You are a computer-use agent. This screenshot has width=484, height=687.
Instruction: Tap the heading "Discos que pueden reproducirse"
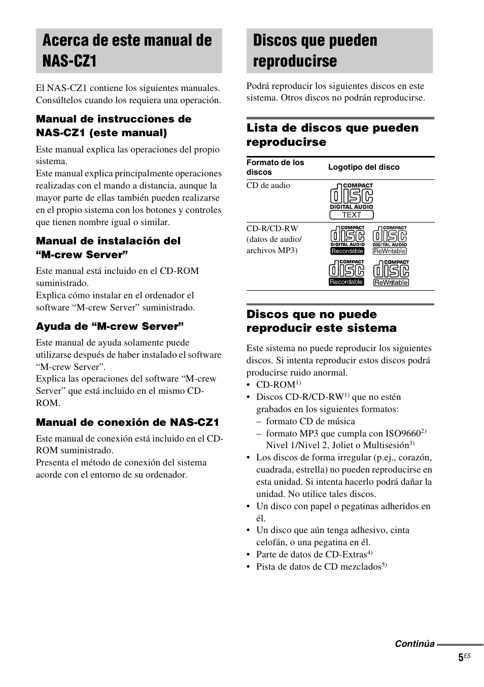[315, 50]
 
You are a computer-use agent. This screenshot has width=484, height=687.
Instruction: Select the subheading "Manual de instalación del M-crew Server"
[108, 247]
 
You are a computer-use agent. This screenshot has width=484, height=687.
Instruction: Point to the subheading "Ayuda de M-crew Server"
[110, 326]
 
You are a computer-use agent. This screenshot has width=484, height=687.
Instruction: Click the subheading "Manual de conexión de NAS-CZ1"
[127, 422]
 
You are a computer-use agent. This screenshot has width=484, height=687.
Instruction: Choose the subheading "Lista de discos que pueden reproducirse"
[332, 135]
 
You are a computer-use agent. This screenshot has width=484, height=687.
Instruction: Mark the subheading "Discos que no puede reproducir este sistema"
[321, 321]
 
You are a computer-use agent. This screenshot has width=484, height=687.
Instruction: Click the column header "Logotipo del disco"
[364, 167]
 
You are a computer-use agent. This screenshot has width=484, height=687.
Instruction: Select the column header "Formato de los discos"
[275, 167]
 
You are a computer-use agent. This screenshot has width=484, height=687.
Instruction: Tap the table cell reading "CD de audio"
[268, 185]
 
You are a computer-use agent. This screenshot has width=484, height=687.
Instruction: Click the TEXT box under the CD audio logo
[351, 215]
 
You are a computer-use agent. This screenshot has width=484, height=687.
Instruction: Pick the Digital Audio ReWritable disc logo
[390, 240]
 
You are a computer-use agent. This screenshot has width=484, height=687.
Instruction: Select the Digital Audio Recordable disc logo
[348, 240]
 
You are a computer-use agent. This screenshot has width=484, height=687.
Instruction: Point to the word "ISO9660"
[404, 433]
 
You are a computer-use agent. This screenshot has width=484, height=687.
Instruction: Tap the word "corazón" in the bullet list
[416, 457]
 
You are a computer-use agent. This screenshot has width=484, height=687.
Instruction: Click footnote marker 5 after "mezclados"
[384, 565]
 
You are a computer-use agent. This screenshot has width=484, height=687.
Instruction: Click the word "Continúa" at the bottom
[414, 644]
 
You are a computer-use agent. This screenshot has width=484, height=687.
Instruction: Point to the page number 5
[461, 658]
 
